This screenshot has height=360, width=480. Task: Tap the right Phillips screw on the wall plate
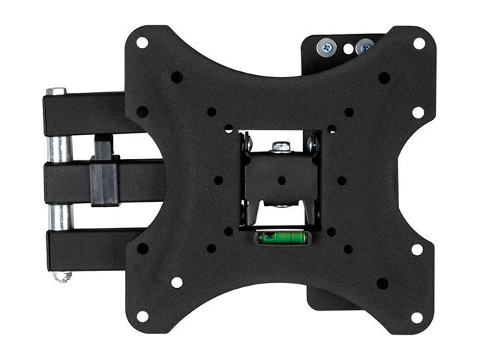tap(365, 47)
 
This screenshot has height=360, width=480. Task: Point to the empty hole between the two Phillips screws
tap(347, 48)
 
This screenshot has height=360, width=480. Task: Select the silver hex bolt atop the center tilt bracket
tap(280, 147)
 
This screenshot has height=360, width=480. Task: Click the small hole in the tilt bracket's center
tap(281, 181)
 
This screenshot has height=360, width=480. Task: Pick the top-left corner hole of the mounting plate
tap(142, 43)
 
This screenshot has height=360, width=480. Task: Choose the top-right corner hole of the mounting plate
tap(418, 43)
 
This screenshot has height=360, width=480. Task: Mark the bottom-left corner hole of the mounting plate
tap(142, 316)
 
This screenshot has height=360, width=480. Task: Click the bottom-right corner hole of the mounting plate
tap(417, 316)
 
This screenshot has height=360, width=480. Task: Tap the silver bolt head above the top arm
tap(55, 91)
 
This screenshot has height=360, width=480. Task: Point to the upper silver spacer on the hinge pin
tap(58, 149)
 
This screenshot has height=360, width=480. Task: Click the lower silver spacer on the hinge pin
tap(60, 217)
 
